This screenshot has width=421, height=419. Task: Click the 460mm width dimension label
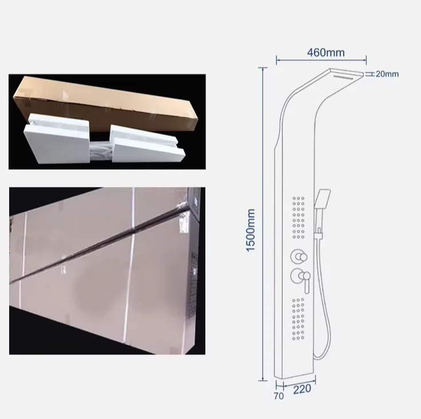(321, 53)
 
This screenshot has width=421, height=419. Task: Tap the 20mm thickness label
(387, 74)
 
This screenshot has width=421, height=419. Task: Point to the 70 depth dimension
(279, 396)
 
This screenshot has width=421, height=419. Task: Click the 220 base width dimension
(303, 390)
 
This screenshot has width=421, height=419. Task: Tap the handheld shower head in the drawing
(324, 200)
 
